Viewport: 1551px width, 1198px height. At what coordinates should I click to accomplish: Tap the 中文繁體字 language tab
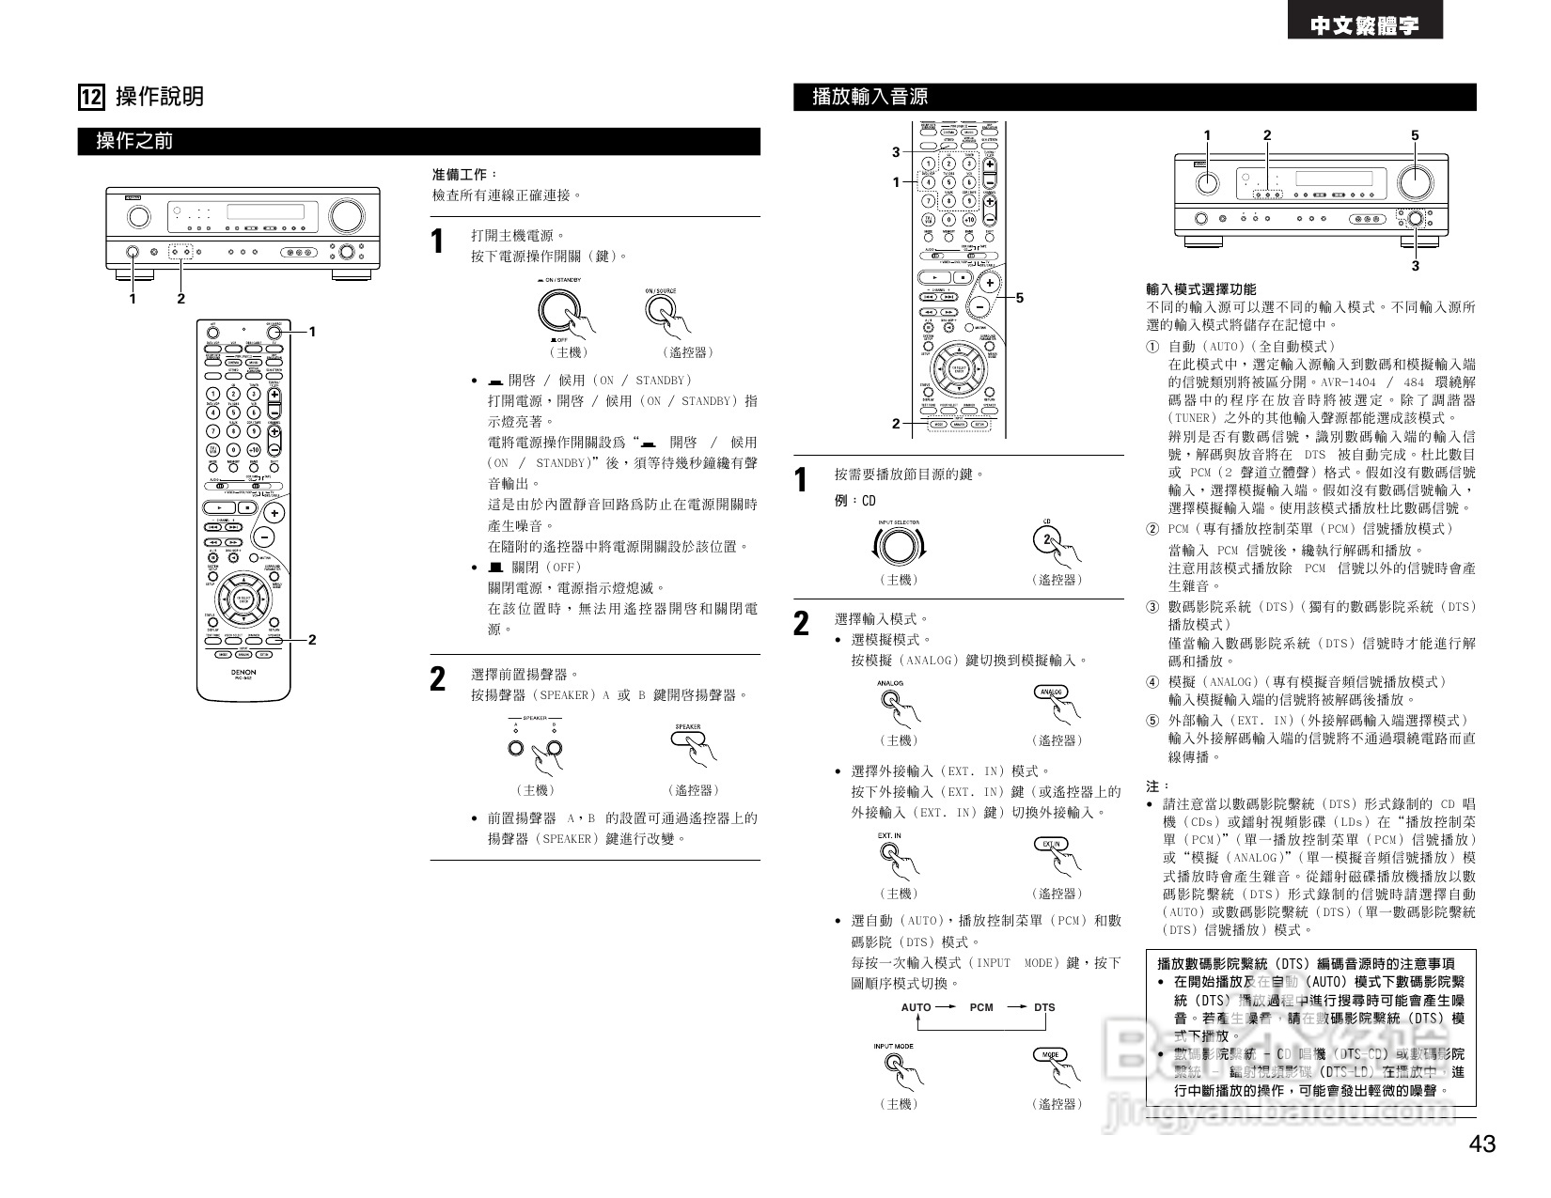click(x=1365, y=25)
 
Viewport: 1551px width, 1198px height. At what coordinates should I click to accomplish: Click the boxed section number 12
click(x=91, y=97)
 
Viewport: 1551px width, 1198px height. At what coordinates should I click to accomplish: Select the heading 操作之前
click(x=134, y=142)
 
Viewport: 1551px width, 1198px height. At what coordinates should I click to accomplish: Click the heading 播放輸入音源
click(x=869, y=97)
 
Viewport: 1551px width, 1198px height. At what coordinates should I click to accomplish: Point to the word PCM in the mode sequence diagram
click(x=981, y=1007)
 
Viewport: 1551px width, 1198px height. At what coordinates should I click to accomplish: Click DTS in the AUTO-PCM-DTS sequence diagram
click(x=1044, y=1007)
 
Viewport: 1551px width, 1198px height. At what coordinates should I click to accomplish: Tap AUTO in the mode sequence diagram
click(x=916, y=1007)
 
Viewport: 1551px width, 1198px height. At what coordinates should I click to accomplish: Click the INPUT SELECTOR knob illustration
click(x=898, y=545)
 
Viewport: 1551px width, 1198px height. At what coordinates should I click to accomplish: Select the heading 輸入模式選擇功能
click(x=1200, y=289)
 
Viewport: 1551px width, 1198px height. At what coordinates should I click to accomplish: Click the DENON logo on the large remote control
click(x=243, y=673)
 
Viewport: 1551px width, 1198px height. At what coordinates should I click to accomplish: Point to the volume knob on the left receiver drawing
click(x=345, y=215)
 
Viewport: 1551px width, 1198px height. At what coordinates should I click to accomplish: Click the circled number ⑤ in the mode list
click(x=1152, y=721)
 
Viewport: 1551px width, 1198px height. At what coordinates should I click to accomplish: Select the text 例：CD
click(x=854, y=501)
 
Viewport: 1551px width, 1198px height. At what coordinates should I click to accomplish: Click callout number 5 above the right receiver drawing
click(x=1415, y=135)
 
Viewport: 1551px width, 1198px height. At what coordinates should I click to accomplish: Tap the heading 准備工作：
click(x=464, y=175)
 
